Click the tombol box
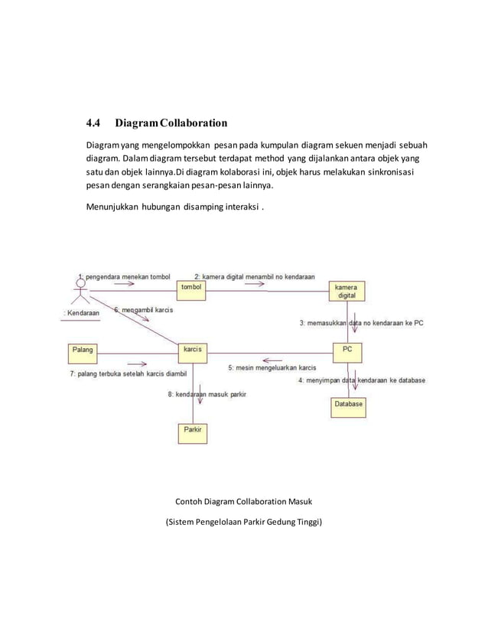[x=193, y=287]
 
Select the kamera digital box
[x=346, y=291]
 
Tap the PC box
[x=346, y=350]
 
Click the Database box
[x=348, y=403]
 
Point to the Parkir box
[x=193, y=432]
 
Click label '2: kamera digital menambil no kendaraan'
[x=255, y=275]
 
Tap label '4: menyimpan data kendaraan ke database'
[x=362, y=380]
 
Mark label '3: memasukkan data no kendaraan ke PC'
[x=361, y=323]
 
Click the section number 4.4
[x=93, y=122]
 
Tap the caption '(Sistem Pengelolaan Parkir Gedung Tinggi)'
[x=244, y=523]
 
